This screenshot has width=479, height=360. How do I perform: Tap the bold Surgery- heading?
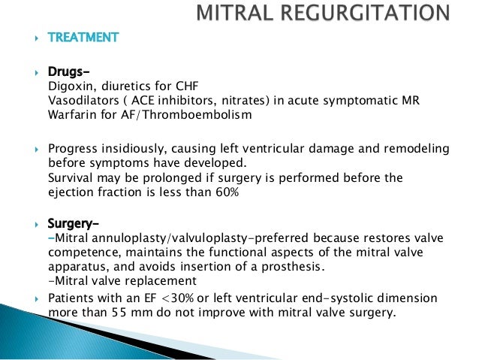73,224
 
